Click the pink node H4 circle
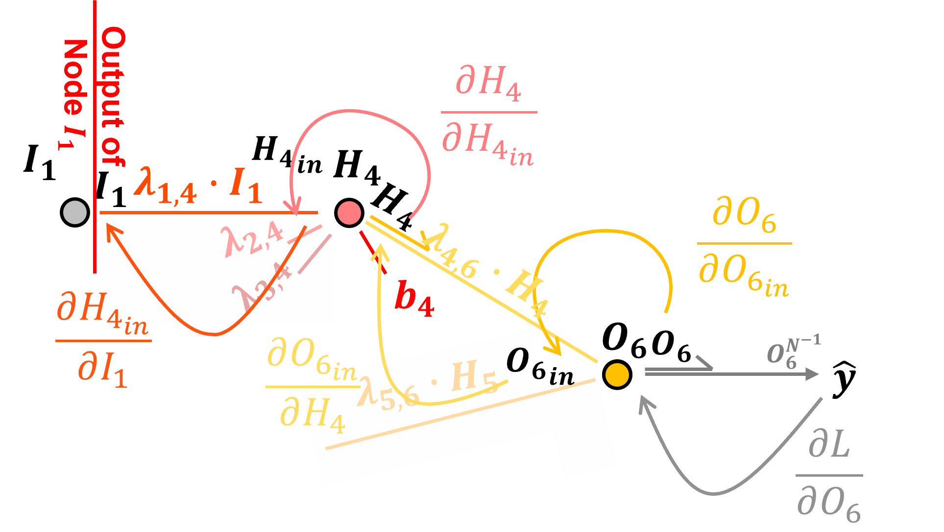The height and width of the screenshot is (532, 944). pos(349,213)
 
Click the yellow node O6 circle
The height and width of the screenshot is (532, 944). pos(617,374)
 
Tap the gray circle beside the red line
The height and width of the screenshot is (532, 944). pos(75,212)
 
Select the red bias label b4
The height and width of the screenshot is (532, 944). pos(414,299)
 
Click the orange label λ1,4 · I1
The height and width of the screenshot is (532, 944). pos(198,186)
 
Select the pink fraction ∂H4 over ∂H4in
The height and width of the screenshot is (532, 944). pos(488,116)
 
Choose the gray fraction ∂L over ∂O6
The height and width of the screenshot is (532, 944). pos(829,478)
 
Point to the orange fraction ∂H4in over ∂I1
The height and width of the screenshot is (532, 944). pos(103,340)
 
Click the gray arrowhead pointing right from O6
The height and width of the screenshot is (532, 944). pos(811,374)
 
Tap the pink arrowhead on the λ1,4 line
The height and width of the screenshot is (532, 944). pos(294,208)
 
